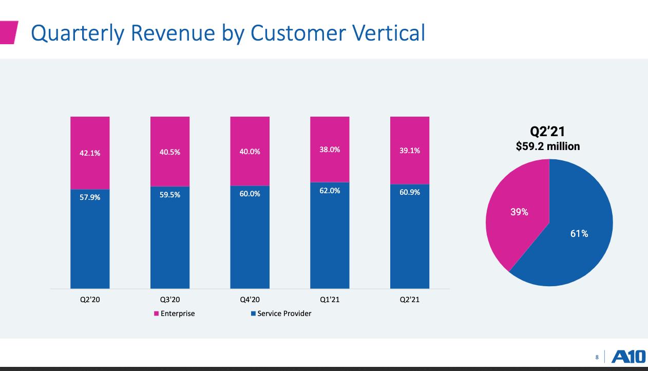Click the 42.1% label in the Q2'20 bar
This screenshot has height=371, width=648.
pyautogui.click(x=90, y=153)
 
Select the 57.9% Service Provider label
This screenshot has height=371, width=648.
pyautogui.click(x=90, y=197)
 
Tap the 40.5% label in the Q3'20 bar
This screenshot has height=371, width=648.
pyautogui.click(x=170, y=152)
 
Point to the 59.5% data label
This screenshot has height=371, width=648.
pyautogui.click(x=170, y=195)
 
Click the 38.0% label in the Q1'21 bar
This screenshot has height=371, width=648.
pyautogui.click(x=330, y=150)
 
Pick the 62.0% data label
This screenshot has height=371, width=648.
pyautogui.click(x=330, y=191)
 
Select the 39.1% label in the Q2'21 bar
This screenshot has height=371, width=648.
pyautogui.click(x=410, y=151)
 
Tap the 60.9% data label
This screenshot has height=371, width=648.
pyautogui.click(x=410, y=192)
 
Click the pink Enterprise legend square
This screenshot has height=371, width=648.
pyautogui.click(x=156, y=313)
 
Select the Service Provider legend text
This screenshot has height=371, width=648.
pyautogui.click(x=284, y=313)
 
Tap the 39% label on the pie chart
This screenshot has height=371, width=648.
pyautogui.click(x=519, y=212)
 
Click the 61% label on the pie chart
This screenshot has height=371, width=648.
pyautogui.click(x=579, y=234)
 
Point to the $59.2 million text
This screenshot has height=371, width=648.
pyautogui.click(x=548, y=146)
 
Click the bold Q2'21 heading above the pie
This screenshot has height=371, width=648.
pyautogui.click(x=548, y=132)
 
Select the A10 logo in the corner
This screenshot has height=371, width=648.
pyautogui.click(x=628, y=357)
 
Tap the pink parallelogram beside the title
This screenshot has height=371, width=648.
pyautogui.click(x=9, y=32)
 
